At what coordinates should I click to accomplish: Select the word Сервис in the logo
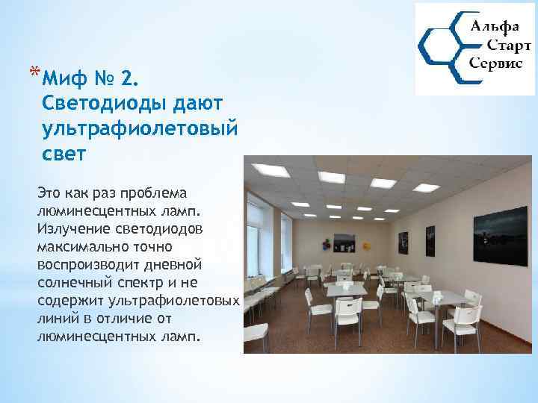tap(495, 64)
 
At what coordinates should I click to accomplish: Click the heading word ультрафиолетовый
tap(140, 128)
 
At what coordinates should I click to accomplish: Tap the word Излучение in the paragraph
tap(70, 226)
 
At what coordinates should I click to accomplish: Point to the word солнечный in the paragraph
tap(72, 281)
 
